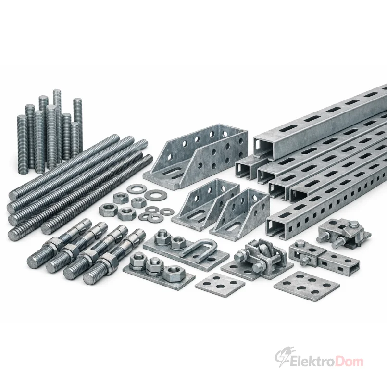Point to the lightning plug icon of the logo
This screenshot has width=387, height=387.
[x=282, y=357]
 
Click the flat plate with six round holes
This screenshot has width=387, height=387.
[x=307, y=286]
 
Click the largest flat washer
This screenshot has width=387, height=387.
[x=156, y=195]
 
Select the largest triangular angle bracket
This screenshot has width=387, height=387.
[x=196, y=157]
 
